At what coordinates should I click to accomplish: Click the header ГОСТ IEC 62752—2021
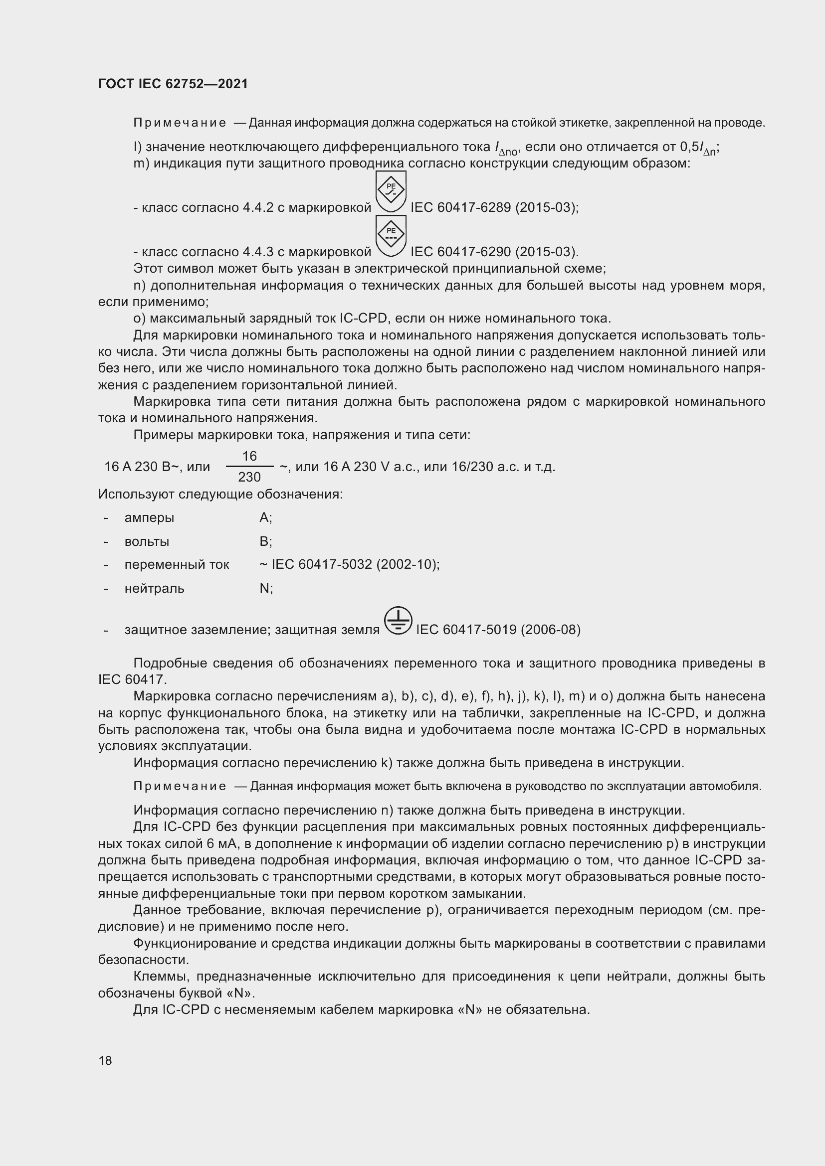pos(173,84)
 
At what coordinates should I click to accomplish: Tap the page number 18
pos(105,1060)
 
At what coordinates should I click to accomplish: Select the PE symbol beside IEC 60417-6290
pos(390,235)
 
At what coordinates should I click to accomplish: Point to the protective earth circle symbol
pos(398,621)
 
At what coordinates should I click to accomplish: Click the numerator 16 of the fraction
pos(249,456)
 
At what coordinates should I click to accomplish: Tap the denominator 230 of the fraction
pos(249,477)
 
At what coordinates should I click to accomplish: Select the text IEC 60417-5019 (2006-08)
pos(498,630)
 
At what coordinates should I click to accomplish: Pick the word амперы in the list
pos(149,517)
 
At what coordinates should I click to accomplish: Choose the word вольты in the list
pos(146,541)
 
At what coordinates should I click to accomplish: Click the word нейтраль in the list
pos(154,588)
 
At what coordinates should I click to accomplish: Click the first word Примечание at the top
pos(180,123)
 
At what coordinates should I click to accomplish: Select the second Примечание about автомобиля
pos(180,786)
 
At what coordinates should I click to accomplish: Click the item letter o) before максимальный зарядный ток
pos(139,319)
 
